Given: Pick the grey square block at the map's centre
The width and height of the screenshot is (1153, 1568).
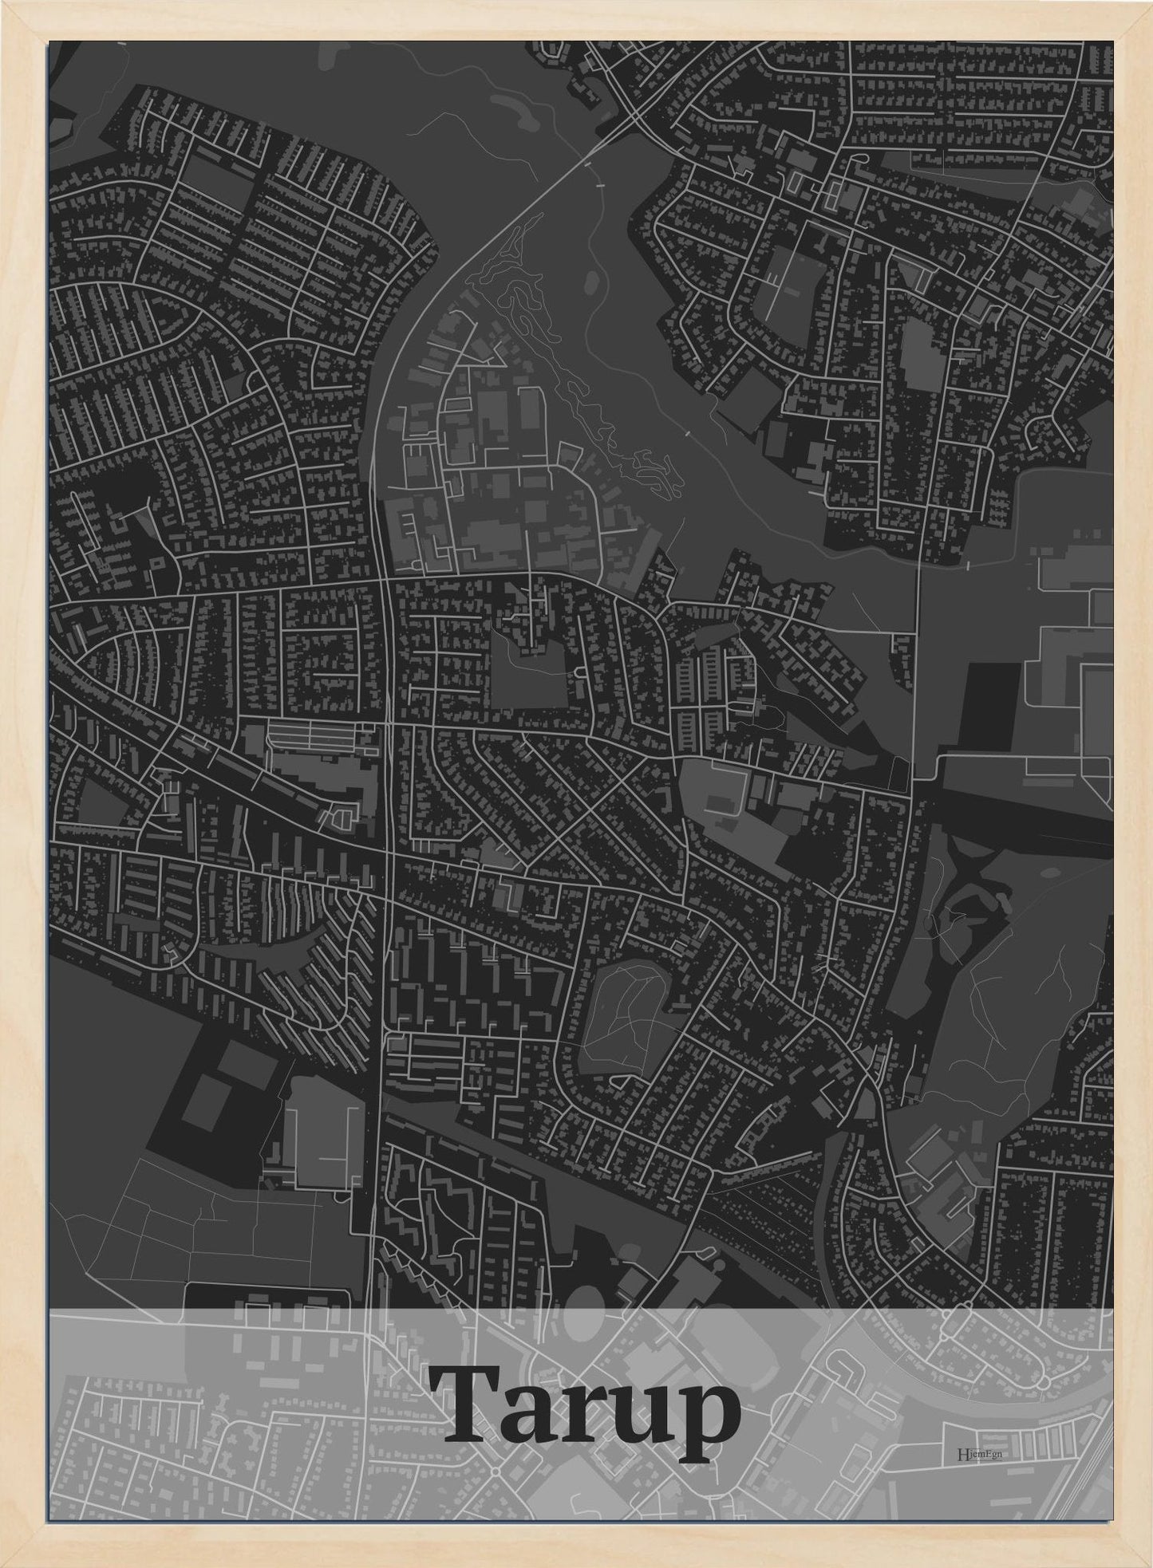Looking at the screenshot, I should click(529, 680).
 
